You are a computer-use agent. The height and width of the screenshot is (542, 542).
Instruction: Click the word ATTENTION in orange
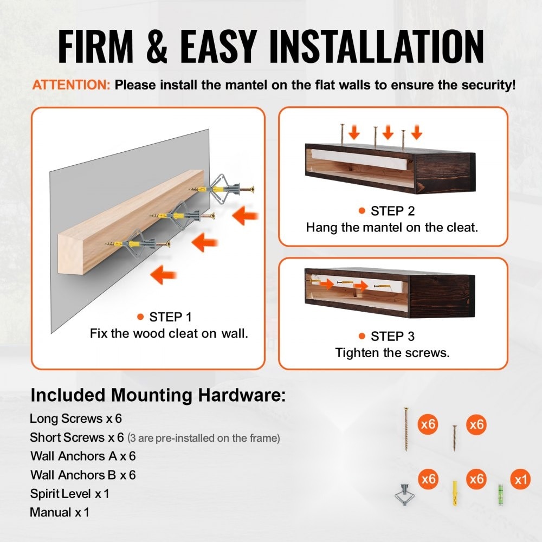click(71, 85)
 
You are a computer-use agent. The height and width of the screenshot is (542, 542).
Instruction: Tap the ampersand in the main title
click(157, 46)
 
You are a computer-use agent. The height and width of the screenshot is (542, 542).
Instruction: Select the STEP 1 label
click(170, 317)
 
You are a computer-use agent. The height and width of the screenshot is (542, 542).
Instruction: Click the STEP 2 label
click(392, 211)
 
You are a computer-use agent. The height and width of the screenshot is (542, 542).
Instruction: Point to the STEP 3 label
click(392, 337)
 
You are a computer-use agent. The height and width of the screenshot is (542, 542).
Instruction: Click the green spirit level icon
click(500, 495)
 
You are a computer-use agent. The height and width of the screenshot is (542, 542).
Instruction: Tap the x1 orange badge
click(520, 480)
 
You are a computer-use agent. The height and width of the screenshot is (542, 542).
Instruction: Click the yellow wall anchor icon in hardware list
click(455, 493)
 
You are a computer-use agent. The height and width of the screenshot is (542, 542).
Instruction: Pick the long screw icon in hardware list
click(406, 429)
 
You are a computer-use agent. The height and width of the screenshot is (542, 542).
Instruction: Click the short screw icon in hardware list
click(455, 438)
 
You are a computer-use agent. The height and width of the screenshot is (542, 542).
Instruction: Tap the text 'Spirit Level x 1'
click(69, 494)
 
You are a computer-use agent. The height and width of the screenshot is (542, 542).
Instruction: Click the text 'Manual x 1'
click(60, 512)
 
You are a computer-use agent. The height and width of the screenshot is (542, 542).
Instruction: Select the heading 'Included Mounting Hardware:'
click(158, 395)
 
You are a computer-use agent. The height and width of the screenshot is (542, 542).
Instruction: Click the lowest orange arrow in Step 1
click(164, 275)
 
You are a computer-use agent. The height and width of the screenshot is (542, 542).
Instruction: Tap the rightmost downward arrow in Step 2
click(417, 132)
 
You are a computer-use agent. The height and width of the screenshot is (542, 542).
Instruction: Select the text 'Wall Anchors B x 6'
click(83, 475)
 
